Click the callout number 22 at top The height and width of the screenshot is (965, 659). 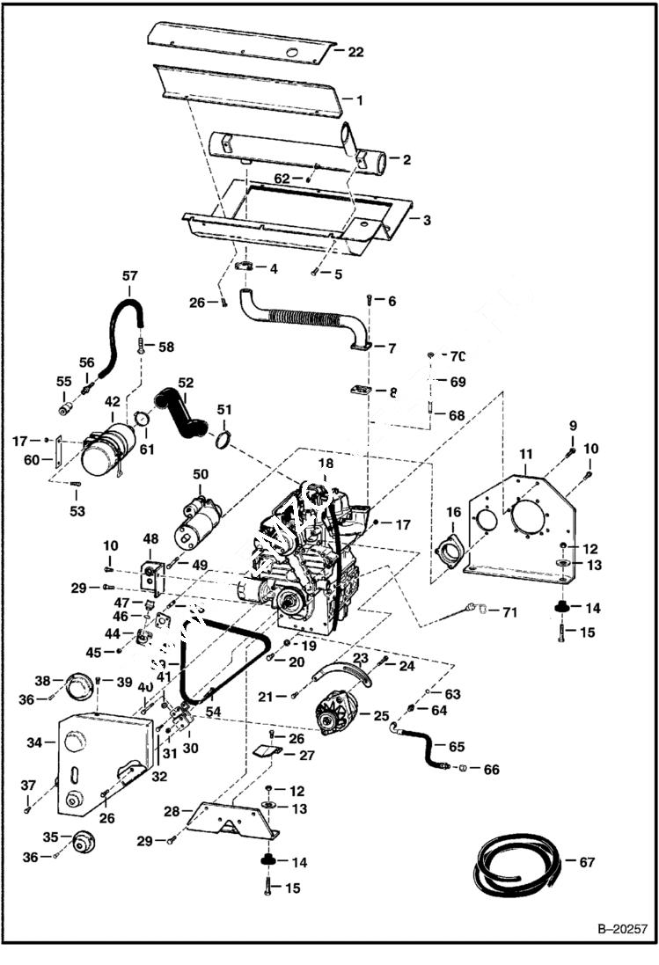tap(355, 52)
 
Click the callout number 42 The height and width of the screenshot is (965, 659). tap(113, 402)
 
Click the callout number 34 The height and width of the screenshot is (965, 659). tap(34, 742)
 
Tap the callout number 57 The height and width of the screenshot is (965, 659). tap(129, 275)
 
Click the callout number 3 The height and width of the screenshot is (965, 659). tap(426, 219)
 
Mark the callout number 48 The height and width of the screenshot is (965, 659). tap(150, 538)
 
